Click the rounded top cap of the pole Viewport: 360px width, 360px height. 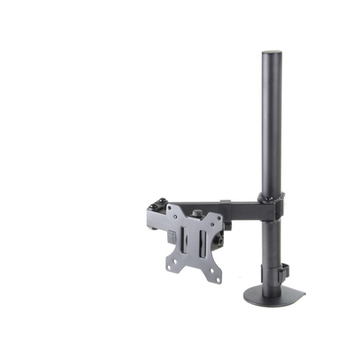271,54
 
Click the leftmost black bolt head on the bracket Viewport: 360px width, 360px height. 152,206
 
